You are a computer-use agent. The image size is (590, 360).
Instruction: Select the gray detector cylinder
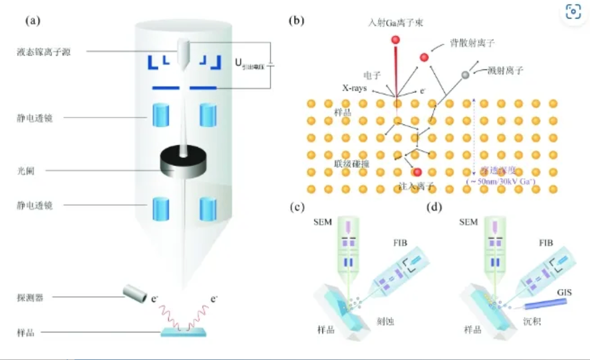[x=134, y=294]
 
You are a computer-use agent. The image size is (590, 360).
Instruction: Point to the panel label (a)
[x=32, y=21]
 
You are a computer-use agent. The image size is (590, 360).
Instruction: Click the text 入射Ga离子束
[x=396, y=23]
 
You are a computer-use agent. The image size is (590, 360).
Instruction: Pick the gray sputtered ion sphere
[x=465, y=75]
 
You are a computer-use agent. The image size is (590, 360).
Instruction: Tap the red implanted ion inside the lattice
[x=418, y=173]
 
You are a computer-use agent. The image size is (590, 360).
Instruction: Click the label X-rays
[x=355, y=88]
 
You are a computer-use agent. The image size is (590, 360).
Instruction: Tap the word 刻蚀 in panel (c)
[x=385, y=322]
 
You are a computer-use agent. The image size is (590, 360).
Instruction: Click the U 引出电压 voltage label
[x=249, y=65]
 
